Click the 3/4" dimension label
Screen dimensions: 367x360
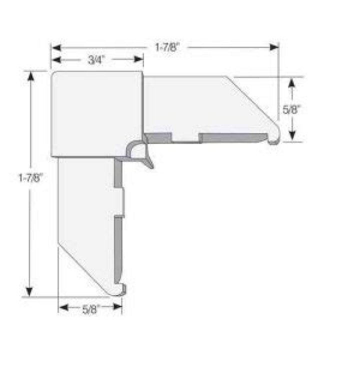click(95, 60)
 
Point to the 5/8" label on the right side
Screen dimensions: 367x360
click(292, 109)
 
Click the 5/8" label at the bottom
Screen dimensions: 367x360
click(90, 308)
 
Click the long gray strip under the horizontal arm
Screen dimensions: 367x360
click(232, 137)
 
